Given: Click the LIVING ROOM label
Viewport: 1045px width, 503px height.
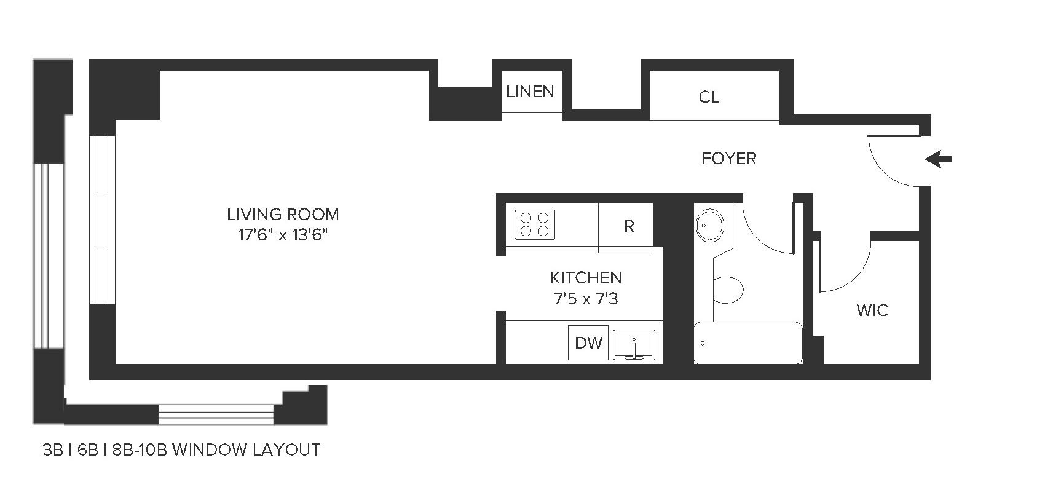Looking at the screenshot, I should [x=283, y=215].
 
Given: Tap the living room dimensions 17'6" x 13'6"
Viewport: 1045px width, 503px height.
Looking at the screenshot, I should [x=283, y=235].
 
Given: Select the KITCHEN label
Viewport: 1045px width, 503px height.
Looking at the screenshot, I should [x=585, y=278].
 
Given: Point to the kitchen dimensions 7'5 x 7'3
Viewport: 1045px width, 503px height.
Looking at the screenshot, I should [x=585, y=299].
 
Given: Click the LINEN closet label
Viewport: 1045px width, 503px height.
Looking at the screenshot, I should [x=530, y=92].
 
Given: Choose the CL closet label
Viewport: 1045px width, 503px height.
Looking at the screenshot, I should [x=709, y=97].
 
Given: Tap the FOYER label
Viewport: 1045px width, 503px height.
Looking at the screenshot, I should [x=728, y=159].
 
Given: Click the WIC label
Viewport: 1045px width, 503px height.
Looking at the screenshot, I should [x=872, y=310].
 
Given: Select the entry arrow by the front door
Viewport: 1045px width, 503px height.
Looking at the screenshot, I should [x=939, y=160].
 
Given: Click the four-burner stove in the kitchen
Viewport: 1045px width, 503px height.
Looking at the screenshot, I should [x=535, y=224].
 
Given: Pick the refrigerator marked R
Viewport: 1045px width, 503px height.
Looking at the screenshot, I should [x=628, y=226].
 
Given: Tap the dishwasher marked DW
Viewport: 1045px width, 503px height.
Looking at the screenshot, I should [x=588, y=343].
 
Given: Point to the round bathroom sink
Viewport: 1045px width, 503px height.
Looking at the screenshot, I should [x=710, y=225].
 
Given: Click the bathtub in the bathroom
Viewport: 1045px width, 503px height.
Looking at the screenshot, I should [x=748, y=343].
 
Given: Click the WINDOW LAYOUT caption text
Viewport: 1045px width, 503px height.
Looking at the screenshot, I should [x=181, y=450].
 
